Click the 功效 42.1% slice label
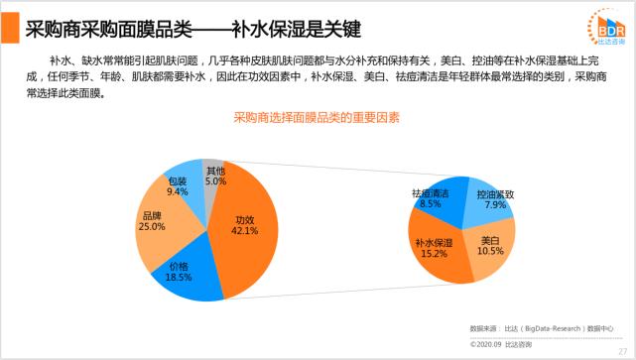[x=244, y=225]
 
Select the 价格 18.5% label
[x=179, y=272]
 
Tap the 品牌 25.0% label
[x=152, y=221]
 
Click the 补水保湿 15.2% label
[x=433, y=247]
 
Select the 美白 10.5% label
[x=489, y=246]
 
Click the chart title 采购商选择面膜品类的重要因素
[x=317, y=118]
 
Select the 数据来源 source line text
[x=542, y=325]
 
